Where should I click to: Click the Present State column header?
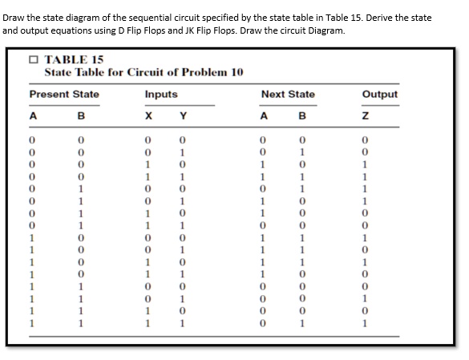(64, 95)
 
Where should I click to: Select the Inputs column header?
(161, 95)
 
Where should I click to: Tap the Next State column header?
(288, 95)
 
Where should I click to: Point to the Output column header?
(380, 95)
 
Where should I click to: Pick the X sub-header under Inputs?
(148, 118)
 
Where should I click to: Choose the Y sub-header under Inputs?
(183, 118)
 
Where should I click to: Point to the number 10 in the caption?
(236, 72)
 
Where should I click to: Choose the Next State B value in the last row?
(301, 324)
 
